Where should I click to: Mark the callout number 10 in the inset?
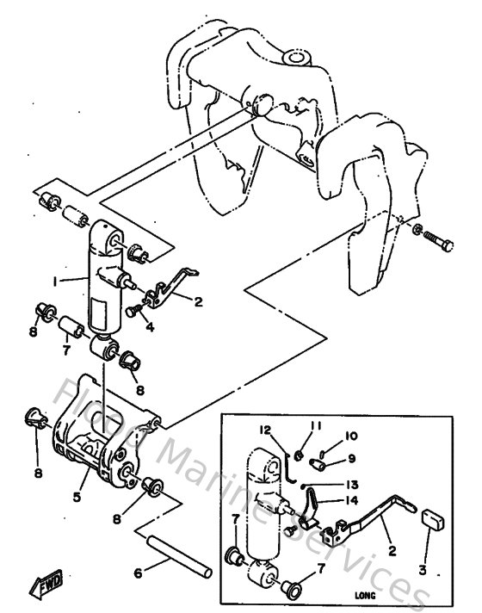[350, 436]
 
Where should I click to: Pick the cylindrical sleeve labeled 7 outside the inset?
[71, 329]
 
